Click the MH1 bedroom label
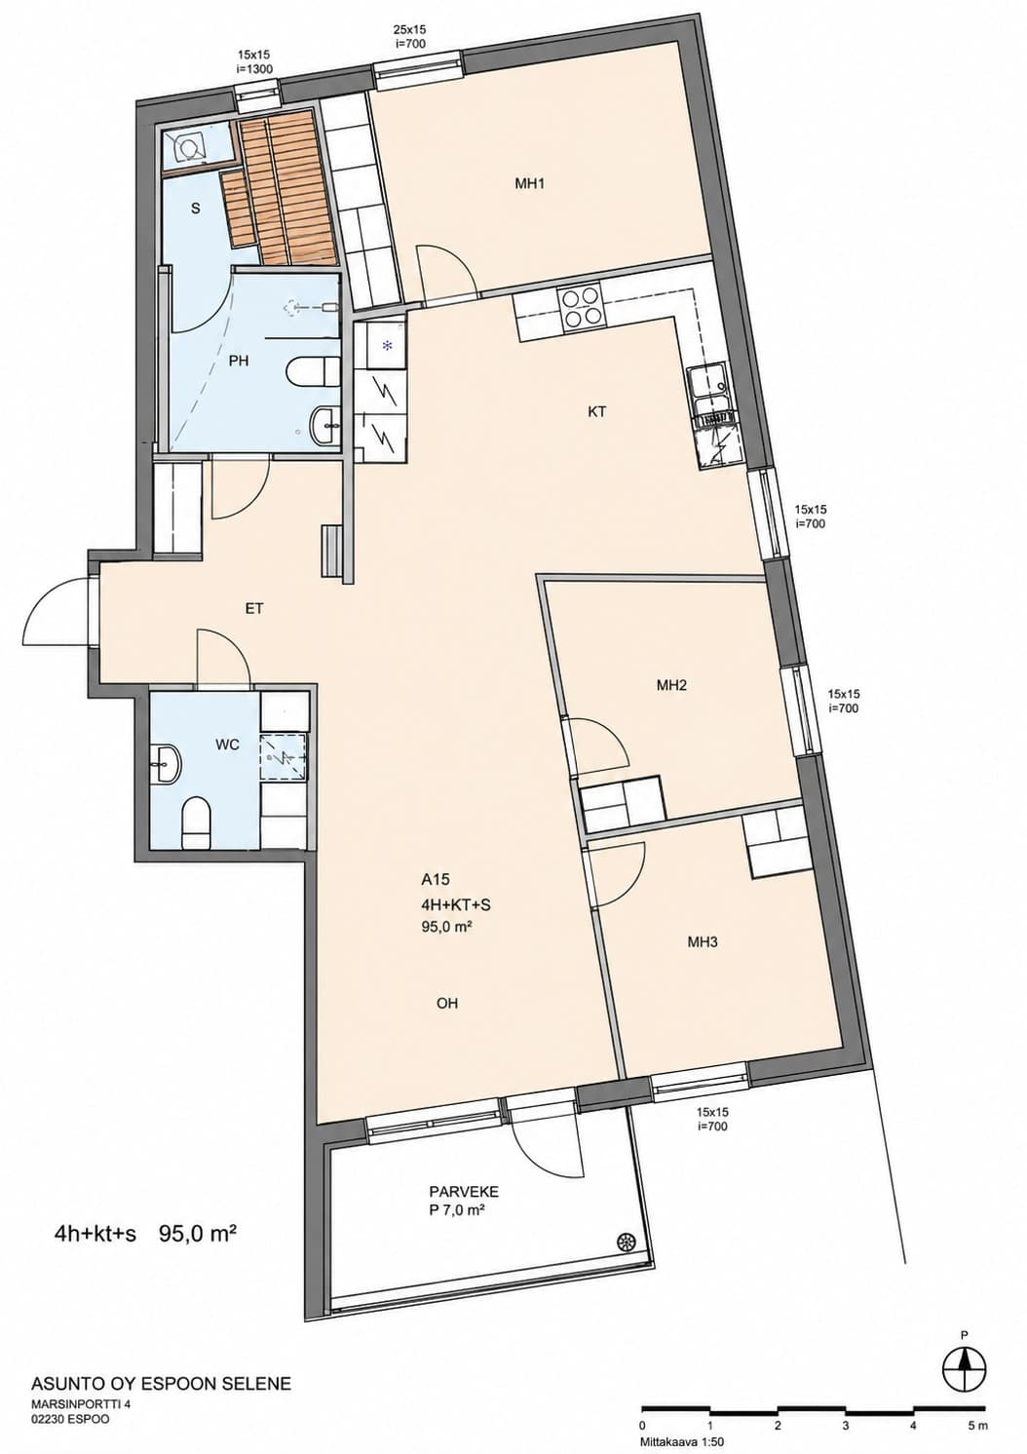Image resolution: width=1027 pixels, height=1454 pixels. coord(529,184)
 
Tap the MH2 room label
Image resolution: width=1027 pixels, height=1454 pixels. coord(671,685)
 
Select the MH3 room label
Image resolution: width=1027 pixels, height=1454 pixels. coord(703,941)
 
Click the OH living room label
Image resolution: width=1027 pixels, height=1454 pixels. coord(447,1004)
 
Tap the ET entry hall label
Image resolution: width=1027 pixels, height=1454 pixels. coord(254,609)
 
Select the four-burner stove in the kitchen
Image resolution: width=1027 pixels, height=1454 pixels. coord(580,307)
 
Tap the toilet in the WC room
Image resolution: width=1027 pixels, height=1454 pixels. coord(196,824)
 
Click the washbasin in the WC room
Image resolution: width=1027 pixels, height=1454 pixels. coord(167,765)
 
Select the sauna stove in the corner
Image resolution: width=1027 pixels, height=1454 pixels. coord(188,147)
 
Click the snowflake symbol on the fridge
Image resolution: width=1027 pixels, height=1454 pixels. coord(388,346)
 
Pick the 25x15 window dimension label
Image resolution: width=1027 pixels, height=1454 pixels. coord(409,29)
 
